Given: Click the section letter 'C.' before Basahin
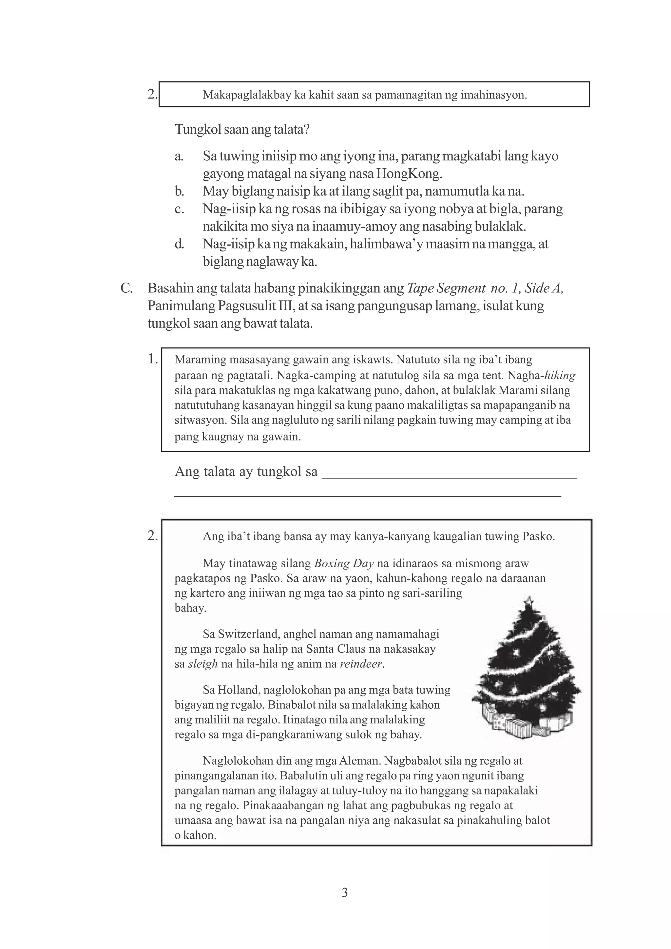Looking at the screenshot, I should click(126, 288).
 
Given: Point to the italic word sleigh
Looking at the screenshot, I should click(202, 664).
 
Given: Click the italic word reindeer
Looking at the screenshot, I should click(362, 664).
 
